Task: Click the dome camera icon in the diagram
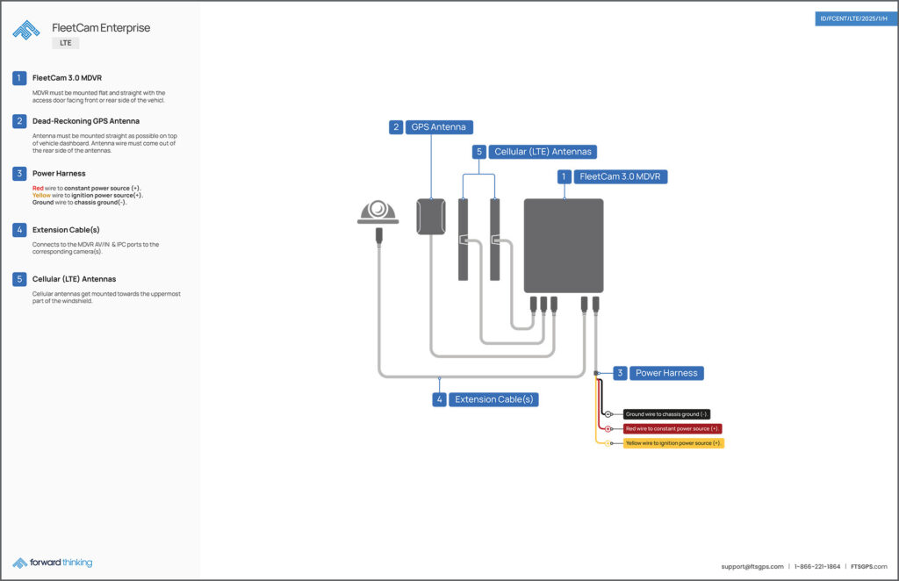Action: tap(378, 212)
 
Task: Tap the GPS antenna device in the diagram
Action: tap(431, 217)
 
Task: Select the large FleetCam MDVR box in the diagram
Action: tap(564, 246)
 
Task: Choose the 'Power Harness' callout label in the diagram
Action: tap(666, 373)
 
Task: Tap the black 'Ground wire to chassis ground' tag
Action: tap(666, 414)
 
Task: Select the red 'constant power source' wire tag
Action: tap(672, 429)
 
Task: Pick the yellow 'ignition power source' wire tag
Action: tap(673, 443)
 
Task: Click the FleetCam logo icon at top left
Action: tap(26, 31)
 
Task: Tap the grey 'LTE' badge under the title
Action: tap(66, 42)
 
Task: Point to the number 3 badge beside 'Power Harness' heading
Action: tap(19, 173)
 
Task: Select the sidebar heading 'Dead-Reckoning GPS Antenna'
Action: tap(85, 121)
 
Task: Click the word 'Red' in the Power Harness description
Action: tap(38, 188)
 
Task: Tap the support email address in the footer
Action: tap(752, 566)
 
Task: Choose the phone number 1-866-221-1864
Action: tap(817, 566)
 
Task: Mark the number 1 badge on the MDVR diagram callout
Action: tap(564, 176)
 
